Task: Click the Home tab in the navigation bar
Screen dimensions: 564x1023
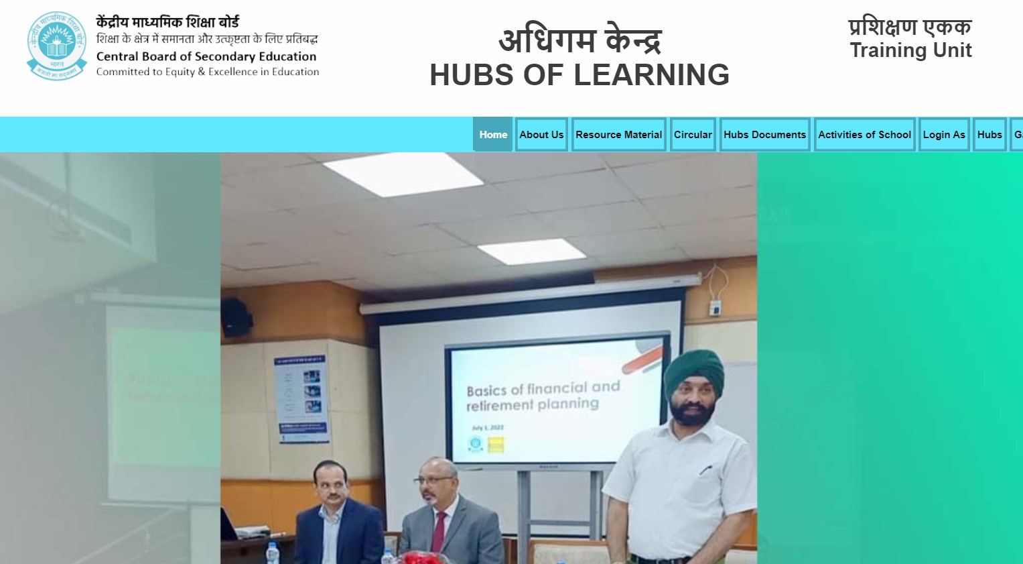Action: pos(493,134)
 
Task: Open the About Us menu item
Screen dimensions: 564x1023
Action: pos(541,134)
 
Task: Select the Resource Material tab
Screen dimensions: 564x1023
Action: pos(618,134)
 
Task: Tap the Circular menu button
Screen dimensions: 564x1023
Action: pos(693,134)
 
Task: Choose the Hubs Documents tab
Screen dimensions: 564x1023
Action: pos(764,134)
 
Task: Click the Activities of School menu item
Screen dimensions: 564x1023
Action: pos(864,134)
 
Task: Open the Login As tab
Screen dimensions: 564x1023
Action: pos(944,134)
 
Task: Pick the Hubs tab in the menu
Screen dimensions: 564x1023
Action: pos(990,134)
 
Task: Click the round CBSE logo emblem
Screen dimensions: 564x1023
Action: pos(57,46)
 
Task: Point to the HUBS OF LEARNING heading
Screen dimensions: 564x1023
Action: pos(579,74)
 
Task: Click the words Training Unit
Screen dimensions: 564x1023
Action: pos(910,50)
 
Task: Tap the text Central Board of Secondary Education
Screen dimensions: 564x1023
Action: pos(206,56)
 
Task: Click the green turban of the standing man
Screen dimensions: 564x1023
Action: pos(693,374)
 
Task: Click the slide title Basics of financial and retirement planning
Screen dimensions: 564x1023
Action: pos(543,396)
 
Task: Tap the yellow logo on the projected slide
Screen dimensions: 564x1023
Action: pos(496,444)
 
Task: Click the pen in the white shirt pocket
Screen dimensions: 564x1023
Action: pos(705,470)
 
